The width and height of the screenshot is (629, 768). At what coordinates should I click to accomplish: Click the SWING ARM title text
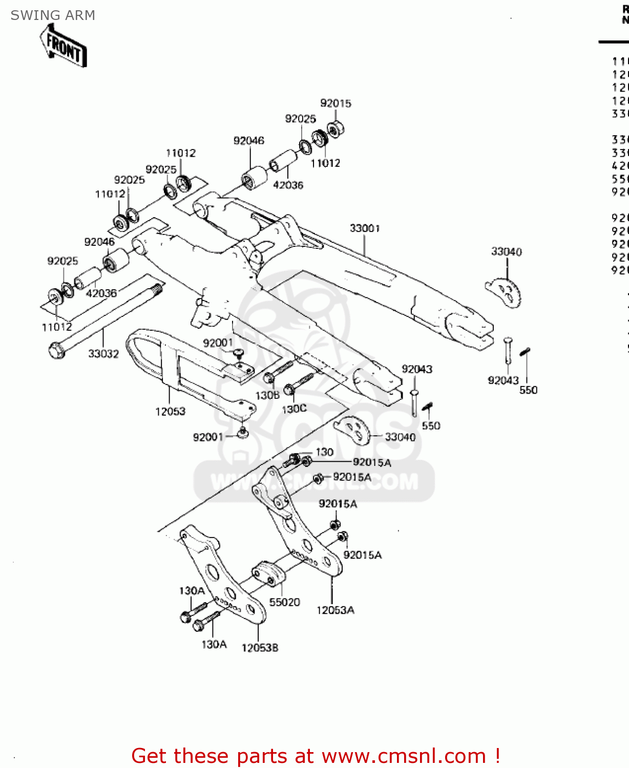(x=53, y=15)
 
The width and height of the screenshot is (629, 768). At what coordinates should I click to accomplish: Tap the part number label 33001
(x=365, y=228)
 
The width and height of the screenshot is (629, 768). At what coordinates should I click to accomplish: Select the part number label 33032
(x=103, y=354)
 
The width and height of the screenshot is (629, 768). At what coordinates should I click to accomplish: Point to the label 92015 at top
(x=336, y=103)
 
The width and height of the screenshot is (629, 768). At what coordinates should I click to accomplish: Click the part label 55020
(x=284, y=603)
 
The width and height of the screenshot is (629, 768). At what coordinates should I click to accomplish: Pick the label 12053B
(x=260, y=648)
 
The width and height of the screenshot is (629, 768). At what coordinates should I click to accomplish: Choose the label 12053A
(x=335, y=610)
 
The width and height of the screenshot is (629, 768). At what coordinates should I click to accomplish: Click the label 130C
(x=294, y=409)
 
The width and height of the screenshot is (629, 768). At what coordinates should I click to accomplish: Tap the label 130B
(x=267, y=396)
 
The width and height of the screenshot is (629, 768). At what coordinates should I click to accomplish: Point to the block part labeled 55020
(x=267, y=573)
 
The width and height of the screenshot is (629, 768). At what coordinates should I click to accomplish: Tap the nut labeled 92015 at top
(x=336, y=129)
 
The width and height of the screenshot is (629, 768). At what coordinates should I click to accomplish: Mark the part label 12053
(x=170, y=412)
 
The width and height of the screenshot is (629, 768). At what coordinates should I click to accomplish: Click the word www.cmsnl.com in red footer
(x=404, y=756)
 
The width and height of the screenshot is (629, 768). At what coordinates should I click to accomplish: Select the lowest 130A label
(x=214, y=645)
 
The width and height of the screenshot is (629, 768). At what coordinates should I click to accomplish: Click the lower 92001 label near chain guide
(x=208, y=437)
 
